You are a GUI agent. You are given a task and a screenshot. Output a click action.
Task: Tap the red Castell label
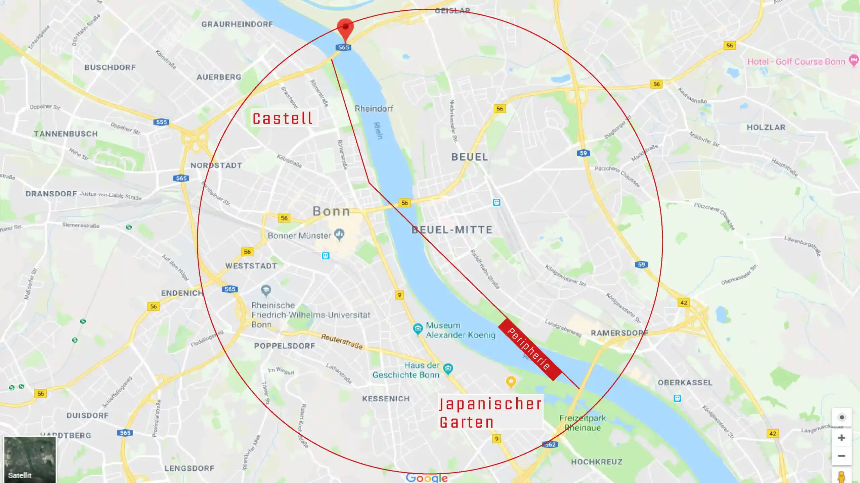point(283,118)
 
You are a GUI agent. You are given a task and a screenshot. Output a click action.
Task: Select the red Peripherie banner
point(530,349)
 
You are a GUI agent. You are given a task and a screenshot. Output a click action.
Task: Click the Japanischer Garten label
point(490,413)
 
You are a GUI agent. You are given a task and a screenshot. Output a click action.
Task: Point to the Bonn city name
point(332,211)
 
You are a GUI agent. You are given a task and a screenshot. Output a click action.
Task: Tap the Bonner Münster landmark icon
point(340,234)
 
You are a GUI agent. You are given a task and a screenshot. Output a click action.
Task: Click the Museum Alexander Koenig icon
point(418,329)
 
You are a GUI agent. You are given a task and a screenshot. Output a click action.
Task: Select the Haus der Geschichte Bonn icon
point(448,369)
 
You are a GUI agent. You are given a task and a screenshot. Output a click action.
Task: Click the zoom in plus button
point(841,438)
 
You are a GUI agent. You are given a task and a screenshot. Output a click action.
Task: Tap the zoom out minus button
point(841,456)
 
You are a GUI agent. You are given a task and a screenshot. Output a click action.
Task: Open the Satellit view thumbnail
point(30,459)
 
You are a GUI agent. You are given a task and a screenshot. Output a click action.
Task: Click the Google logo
point(427,477)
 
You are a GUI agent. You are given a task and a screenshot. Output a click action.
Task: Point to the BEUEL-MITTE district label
point(452,230)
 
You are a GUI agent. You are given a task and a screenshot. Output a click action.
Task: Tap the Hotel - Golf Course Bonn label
point(796,62)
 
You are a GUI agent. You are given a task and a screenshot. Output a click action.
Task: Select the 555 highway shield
point(161,122)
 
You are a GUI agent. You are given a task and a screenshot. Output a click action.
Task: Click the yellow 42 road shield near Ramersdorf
point(684,302)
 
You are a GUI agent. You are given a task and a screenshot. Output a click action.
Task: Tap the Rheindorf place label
point(374,108)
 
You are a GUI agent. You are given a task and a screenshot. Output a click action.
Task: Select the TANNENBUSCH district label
point(66,134)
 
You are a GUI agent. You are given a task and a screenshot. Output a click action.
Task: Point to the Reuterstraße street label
point(342,341)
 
